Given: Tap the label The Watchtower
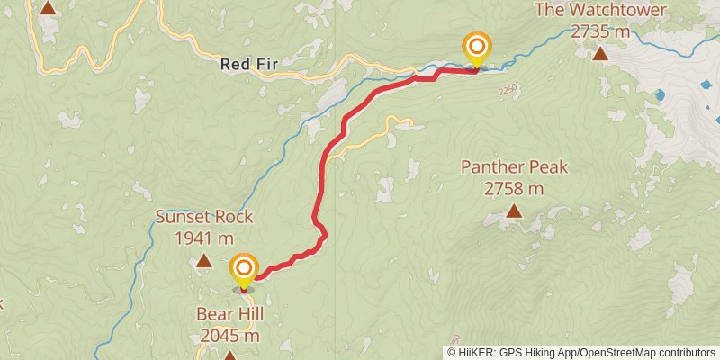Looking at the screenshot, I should click(x=600, y=11).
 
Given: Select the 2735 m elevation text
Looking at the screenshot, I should click(x=600, y=31).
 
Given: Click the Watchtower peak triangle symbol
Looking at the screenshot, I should click(x=600, y=54).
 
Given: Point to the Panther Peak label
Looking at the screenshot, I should click(x=514, y=167).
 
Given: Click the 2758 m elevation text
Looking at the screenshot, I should click(x=514, y=189).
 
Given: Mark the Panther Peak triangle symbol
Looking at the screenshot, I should click(x=514, y=211).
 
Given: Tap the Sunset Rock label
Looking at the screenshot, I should click(x=204, y=217).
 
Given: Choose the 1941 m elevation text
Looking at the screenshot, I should click(x=204, y=238).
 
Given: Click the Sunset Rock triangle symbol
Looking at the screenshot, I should click(x=204, y=261).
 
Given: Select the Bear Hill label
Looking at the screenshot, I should click(x=229, y=314).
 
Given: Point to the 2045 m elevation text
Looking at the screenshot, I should click(x=229, y=336).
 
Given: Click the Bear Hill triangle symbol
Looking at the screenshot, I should click(x=229, y=355).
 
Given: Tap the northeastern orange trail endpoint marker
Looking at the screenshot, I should click(x=476, y=48).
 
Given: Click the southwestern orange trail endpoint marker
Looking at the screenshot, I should click(x=244, y=269).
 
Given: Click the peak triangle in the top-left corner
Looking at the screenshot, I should click(x=48, y=7).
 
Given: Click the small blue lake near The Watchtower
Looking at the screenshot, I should click(x=661, y=94).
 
